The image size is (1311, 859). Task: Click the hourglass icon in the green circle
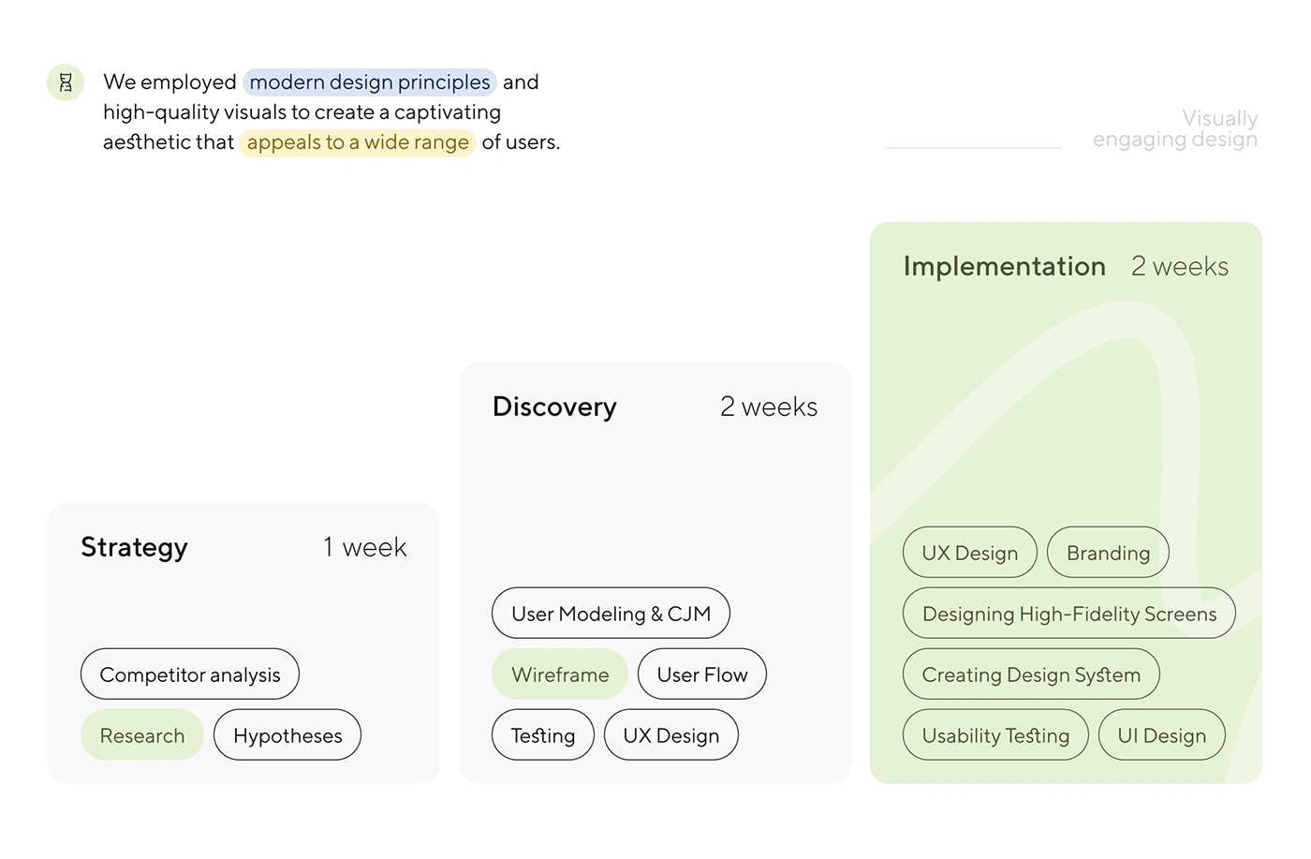click(66, 82)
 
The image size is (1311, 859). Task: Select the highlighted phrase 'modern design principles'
click(369, 82)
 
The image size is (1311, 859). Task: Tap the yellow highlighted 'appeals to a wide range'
click(358, 142)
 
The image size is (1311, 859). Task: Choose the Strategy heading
click(134, 547)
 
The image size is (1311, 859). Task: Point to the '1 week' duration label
click(364, 547)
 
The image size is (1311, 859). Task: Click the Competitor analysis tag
click(190, 674)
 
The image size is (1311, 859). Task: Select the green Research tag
click(142, 735)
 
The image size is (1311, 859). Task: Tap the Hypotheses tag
click(287, 735)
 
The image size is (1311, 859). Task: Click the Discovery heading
click(554, 407)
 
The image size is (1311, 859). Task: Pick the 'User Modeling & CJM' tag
click(611, 614)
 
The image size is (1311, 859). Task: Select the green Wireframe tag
click(560, 674)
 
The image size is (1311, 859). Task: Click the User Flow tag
click(702, 674)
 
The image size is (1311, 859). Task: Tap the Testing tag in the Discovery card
click(543, 735)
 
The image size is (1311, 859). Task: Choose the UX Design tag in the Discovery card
click(671, 735)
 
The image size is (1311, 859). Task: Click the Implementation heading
click(1004, 266)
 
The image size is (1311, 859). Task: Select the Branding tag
click(1108, 553)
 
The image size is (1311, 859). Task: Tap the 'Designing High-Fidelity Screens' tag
click(1069, 614)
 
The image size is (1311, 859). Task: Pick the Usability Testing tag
click(995, 735)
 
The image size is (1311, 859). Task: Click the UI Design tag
click(1161, 735)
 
